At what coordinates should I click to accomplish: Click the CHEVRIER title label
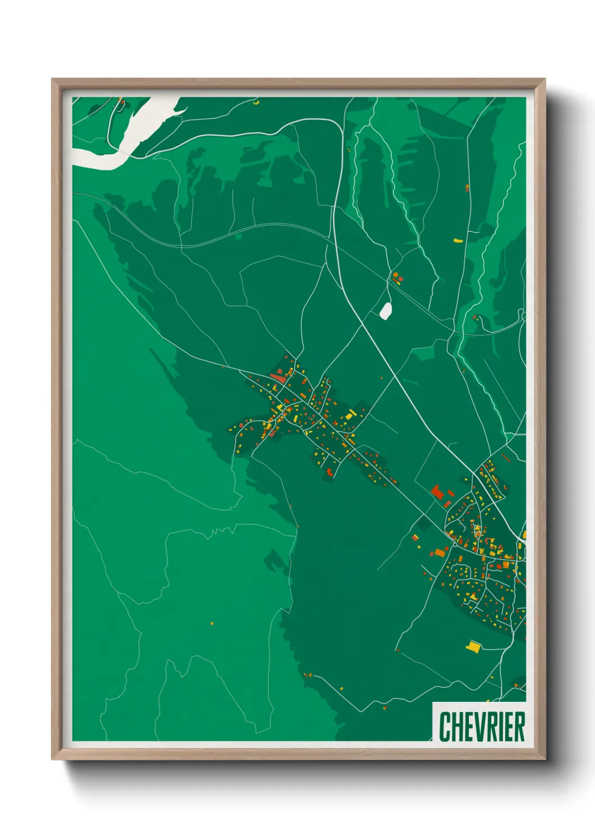point(482,727)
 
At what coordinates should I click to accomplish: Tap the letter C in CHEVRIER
point(444,727)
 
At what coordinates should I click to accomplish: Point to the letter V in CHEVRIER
point(477,727)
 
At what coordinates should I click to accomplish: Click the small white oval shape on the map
point(385,311)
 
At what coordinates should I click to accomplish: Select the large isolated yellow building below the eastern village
point(473,647)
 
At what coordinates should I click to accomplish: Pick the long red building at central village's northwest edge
point(278,378)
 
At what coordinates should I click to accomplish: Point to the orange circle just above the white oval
point(396,275)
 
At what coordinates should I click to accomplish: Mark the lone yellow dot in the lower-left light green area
point(211,623)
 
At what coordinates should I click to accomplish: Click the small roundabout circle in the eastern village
point(454,544)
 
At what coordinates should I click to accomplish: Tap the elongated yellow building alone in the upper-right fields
point(458,241)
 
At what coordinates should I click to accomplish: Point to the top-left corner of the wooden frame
point(52,79)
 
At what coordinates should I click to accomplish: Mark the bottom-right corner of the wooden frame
point(544,759)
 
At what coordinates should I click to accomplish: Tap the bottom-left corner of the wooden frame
point(52,759)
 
